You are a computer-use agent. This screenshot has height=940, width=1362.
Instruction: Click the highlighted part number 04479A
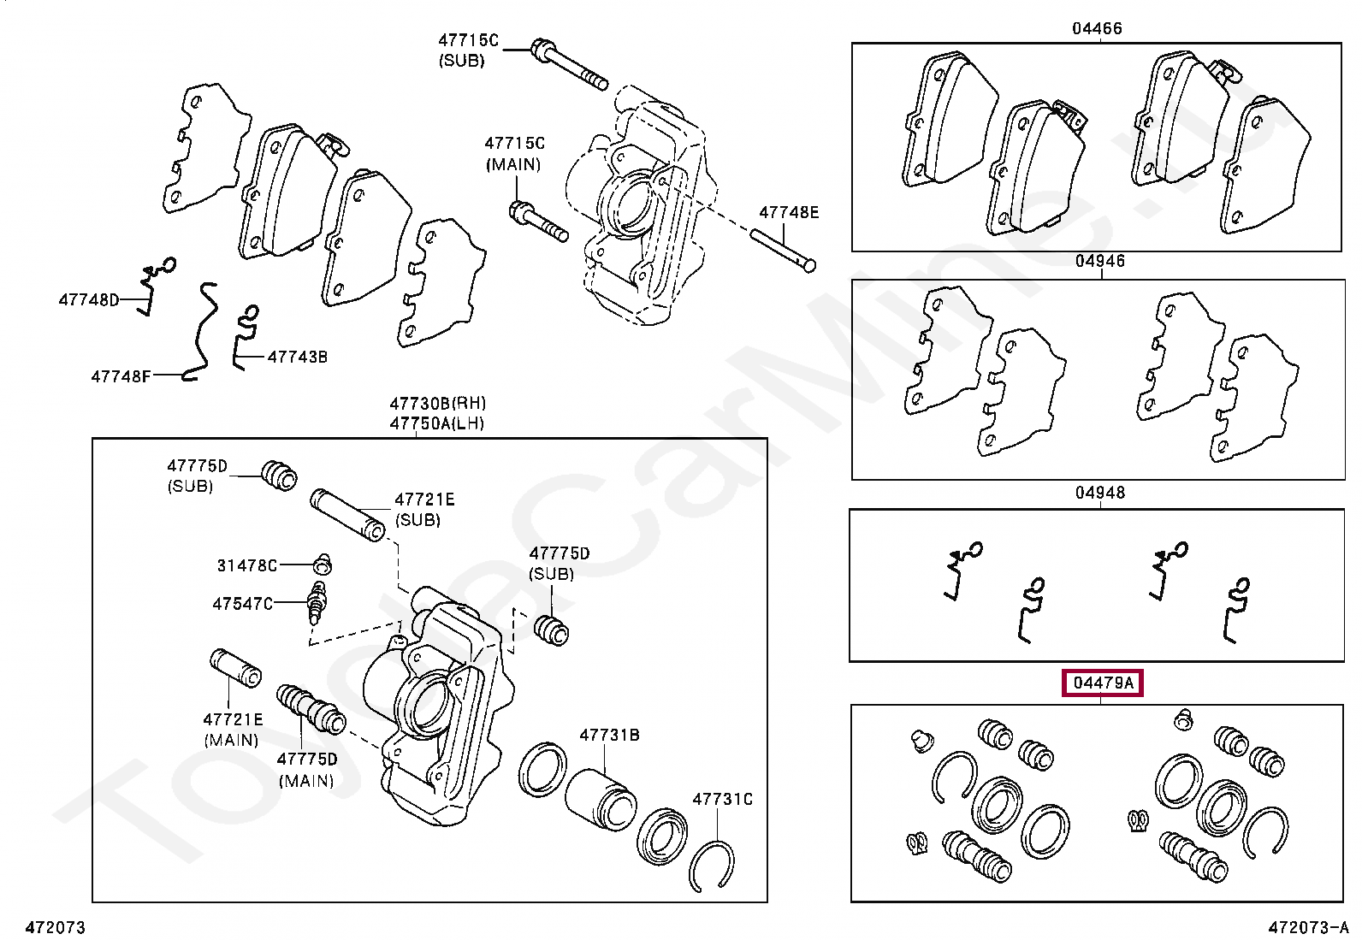point(1103,683)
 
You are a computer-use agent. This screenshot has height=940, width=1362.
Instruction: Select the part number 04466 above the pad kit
point(1097,28)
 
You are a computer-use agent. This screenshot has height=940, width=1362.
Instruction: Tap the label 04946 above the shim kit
point(1100,261)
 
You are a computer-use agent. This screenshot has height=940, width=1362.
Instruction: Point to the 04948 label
point(1100,493)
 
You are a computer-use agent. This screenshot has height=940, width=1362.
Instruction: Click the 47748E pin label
point(789,212)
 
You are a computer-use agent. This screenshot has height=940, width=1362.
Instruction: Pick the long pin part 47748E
point(782,249)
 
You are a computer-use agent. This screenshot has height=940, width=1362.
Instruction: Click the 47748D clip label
point(88,299)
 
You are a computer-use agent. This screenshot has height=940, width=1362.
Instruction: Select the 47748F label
point(121,375)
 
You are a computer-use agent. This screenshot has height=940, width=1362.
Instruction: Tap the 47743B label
point(297,357)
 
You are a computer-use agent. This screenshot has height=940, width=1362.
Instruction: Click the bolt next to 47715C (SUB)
point(569,64)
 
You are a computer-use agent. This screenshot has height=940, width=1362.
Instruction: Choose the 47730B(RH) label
point(437,403)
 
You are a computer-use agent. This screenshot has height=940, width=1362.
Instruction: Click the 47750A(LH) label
point(436,423)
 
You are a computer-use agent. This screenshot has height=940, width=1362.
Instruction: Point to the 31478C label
point(246,565)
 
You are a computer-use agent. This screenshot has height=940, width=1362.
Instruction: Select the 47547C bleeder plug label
point(242,604)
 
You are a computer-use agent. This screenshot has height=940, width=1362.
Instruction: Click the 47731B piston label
point(609,735)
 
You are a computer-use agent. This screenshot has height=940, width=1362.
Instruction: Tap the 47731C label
point(722,799)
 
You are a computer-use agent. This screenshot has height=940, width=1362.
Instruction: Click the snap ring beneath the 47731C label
point(712,866)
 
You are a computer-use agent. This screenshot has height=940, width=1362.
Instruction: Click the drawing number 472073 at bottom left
point(56,927)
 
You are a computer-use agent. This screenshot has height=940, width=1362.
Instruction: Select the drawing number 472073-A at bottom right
point(1307,927)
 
